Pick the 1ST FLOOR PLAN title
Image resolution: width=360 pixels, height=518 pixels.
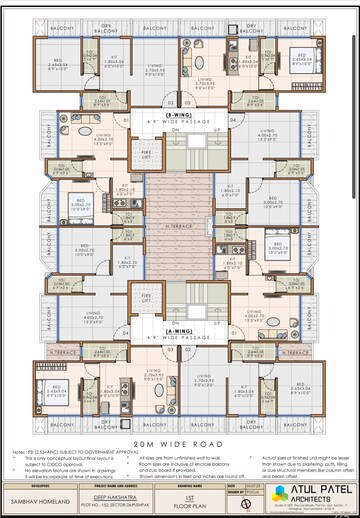point(190,492)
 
